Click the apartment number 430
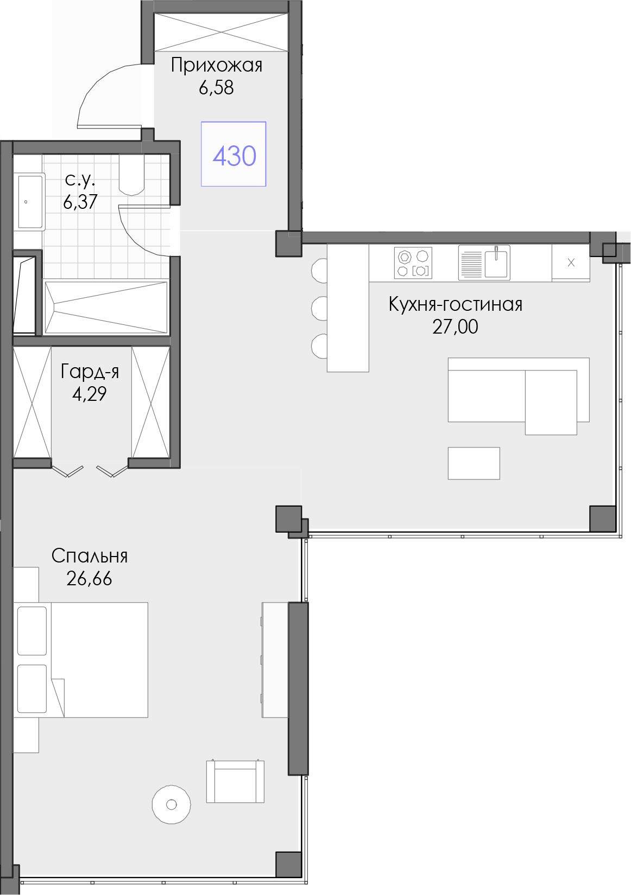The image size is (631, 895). tap(235, 156)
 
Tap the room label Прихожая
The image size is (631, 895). tap(216, 65)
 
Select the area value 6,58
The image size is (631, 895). tap(216, 87)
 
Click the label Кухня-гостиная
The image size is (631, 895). tap(456, 304)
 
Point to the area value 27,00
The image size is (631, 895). tap(455, 327)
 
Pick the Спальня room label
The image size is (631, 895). tap(90, 556)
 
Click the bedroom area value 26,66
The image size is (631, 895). tap(89, 578)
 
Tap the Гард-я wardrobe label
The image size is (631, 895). tap(90, 372)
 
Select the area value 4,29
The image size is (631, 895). tap(89, 394)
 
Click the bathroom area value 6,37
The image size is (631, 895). tap(80, 202)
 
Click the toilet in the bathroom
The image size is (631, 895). tap(131, 175)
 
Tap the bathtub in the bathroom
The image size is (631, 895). tap(106, 307)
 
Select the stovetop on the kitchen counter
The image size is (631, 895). tap(413, 263)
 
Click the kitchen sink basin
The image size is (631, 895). tap(497, 263)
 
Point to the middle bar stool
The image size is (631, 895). tap(319, 308)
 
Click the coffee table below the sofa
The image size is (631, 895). tap(474, 463)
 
